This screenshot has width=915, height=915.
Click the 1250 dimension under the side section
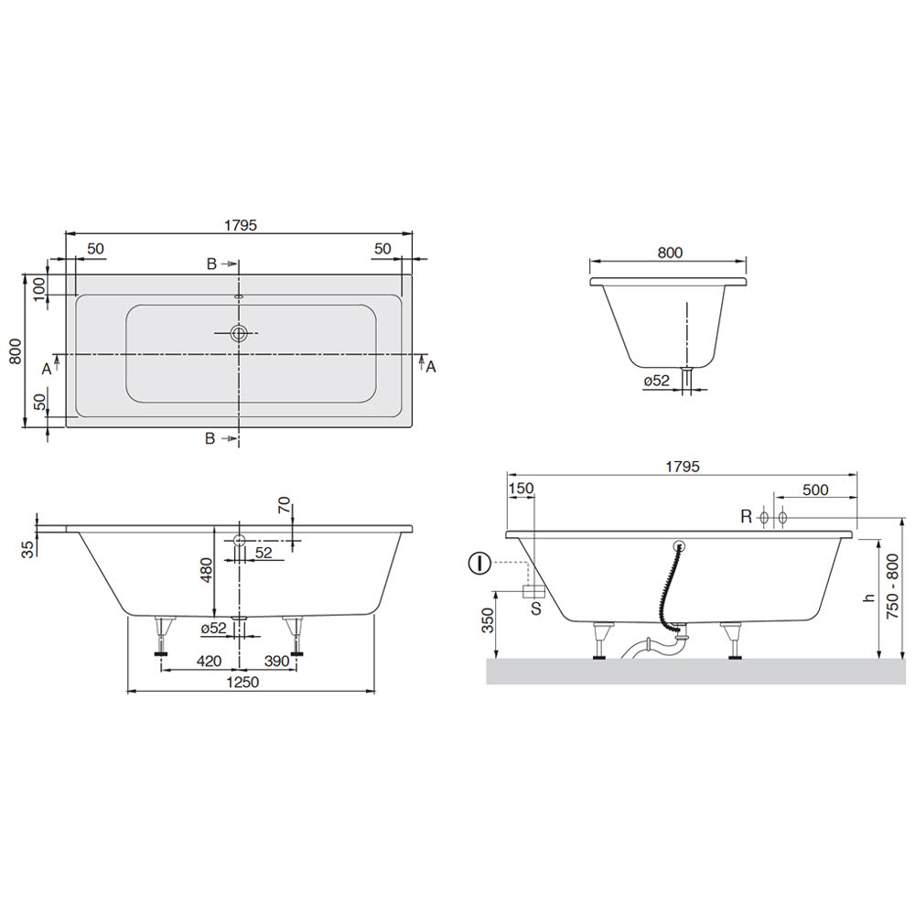pos(242,683)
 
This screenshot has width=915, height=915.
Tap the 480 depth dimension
pos(206,570)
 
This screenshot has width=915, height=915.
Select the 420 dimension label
pos(209,662)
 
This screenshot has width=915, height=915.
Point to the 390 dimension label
pos(276,662)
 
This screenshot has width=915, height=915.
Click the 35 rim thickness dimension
pos(28,549)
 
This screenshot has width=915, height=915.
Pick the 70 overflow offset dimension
pos(284,505)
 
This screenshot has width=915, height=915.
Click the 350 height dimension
pos(488,620)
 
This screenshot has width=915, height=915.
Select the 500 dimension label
pos(815,490)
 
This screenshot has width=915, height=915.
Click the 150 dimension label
pos(522,489)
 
